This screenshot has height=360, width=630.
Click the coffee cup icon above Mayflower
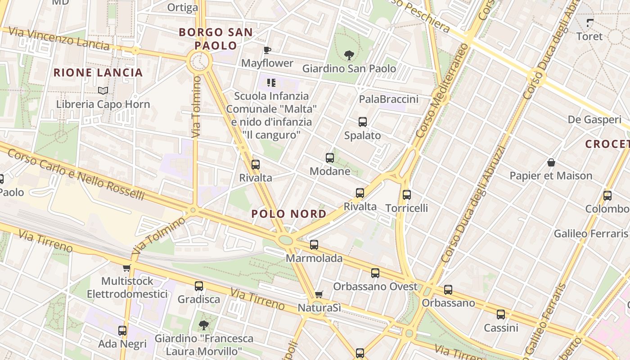(267, 50)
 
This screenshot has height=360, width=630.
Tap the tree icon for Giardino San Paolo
(349, 55)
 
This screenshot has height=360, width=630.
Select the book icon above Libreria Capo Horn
(103, 90)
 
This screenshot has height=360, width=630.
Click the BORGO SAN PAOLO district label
(216, 39)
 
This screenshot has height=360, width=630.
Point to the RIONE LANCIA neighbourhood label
(98, 72)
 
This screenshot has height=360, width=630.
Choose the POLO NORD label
(289, 214)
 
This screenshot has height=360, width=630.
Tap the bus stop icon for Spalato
(363, 122)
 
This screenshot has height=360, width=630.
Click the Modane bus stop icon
(330, 158)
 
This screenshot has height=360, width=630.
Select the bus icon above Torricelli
(407, 195)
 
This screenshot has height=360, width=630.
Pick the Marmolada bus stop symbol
(314, 245)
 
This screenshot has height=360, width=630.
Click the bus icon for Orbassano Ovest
(375, 273)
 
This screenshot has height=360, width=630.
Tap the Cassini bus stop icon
(501, 315)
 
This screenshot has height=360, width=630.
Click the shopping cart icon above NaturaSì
(319, 295)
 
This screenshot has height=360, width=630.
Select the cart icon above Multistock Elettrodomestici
(127, 268)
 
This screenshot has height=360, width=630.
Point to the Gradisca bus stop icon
(199, 286)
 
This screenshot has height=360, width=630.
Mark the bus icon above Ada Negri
(122, 331)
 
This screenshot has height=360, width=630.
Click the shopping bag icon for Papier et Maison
(551, 162)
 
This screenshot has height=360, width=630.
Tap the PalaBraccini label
(388, 99)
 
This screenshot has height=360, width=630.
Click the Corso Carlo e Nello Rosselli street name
(76, 175)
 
